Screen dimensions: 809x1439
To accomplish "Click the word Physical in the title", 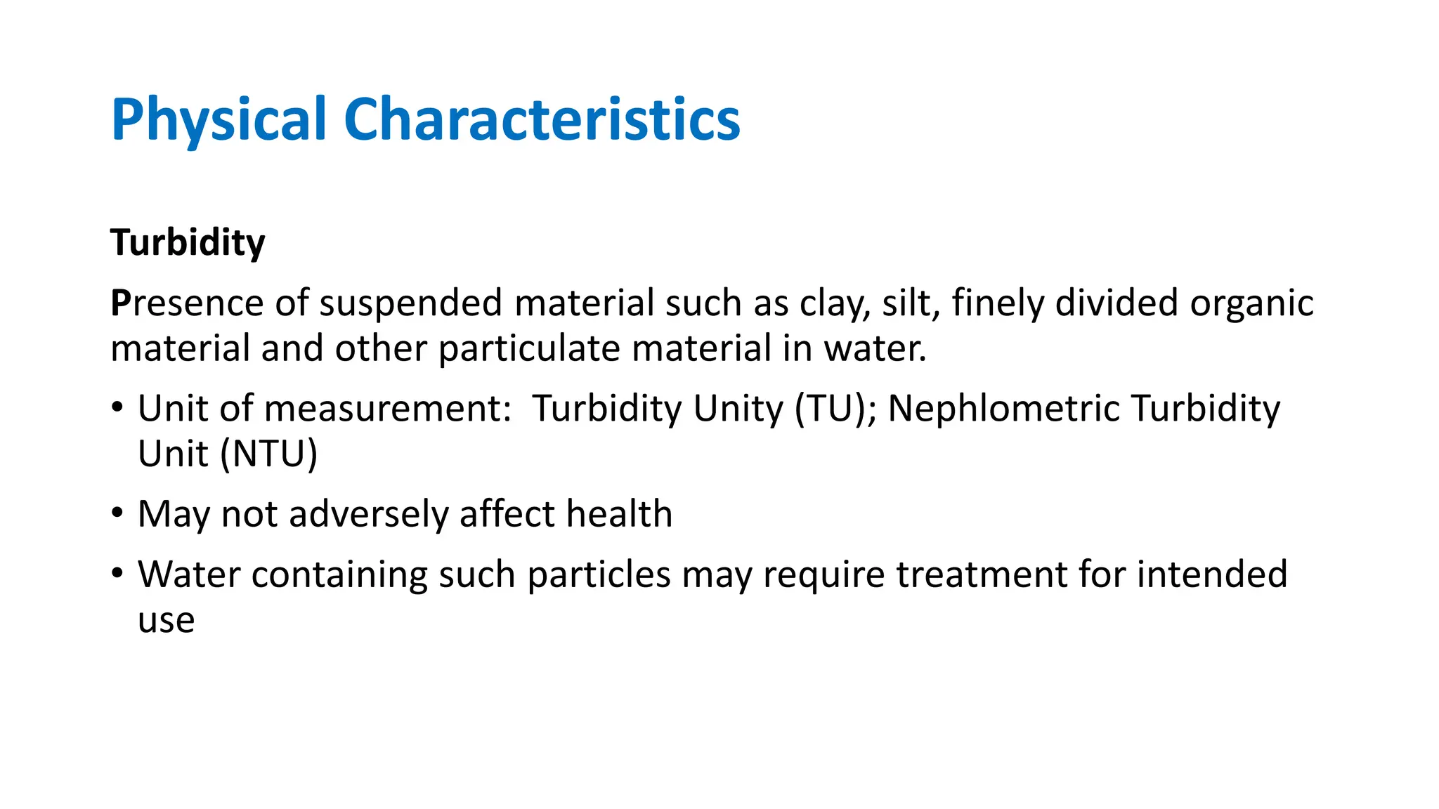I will pos(219,120).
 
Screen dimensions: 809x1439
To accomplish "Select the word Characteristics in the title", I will pos(542,120).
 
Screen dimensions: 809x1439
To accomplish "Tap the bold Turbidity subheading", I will pos(188,243).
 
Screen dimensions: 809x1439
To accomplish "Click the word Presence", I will pos(187,303).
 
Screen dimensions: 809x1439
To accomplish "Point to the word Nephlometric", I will pos(1004,409).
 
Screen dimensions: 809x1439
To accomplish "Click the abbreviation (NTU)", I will pos(269,454).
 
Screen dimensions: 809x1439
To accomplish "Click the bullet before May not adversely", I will pos(117,513).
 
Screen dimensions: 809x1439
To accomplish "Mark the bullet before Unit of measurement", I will pos(117,407).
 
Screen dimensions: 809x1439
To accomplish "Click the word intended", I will pos(1212,574).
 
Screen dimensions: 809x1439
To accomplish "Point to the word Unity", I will pos(738,409).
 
